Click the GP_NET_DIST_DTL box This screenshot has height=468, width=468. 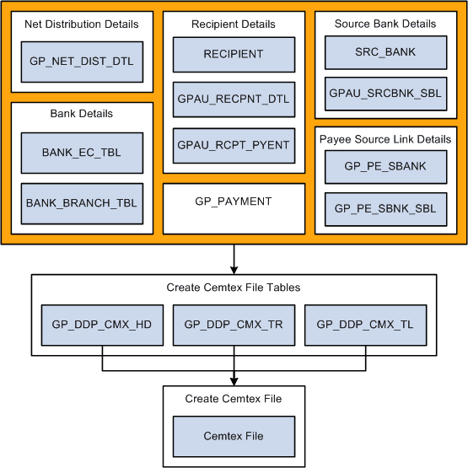tap(82, 61)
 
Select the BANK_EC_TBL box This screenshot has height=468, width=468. tap(82, 153)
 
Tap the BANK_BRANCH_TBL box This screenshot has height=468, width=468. tap(82, 203)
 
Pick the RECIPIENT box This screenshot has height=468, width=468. tap(234, 54)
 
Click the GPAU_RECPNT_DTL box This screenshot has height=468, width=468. tap(234, 100)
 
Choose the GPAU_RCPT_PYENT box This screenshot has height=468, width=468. tap(234, 145)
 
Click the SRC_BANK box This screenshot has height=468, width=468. tap(386, 51)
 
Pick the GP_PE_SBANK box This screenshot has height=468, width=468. tap(386, 166)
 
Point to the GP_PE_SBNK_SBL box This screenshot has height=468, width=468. tap(386, 208)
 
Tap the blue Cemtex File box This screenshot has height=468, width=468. tap(234, 436)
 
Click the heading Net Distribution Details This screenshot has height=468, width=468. tap(82, 24)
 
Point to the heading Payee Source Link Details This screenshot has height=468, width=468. tap(386, 139)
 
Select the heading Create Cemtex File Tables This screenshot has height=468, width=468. tap(234, 288)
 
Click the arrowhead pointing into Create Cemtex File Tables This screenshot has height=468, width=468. tap(234, 268)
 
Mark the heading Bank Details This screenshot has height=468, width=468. tap(82, 114)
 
